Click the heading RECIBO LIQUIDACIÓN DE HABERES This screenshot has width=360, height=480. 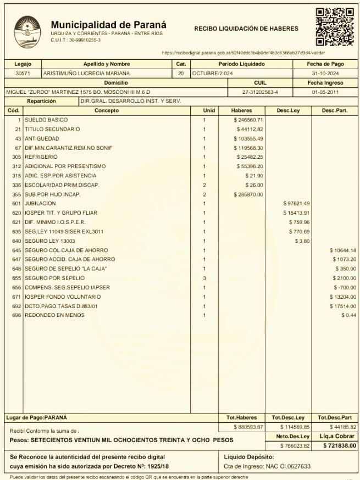tap(246, 29)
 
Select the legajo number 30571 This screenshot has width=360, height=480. tap(23, 73)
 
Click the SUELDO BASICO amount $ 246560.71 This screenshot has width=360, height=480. tap(248, 120)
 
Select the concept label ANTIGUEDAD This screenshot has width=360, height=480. tap(40, 138)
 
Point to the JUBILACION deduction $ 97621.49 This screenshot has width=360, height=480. tap(296, 204)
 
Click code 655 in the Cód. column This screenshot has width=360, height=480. tap(16, 278)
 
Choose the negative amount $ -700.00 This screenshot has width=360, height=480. tap(346, 288)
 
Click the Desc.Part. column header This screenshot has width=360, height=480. tap(335, 110)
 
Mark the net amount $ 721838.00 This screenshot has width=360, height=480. tap(340, 445)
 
